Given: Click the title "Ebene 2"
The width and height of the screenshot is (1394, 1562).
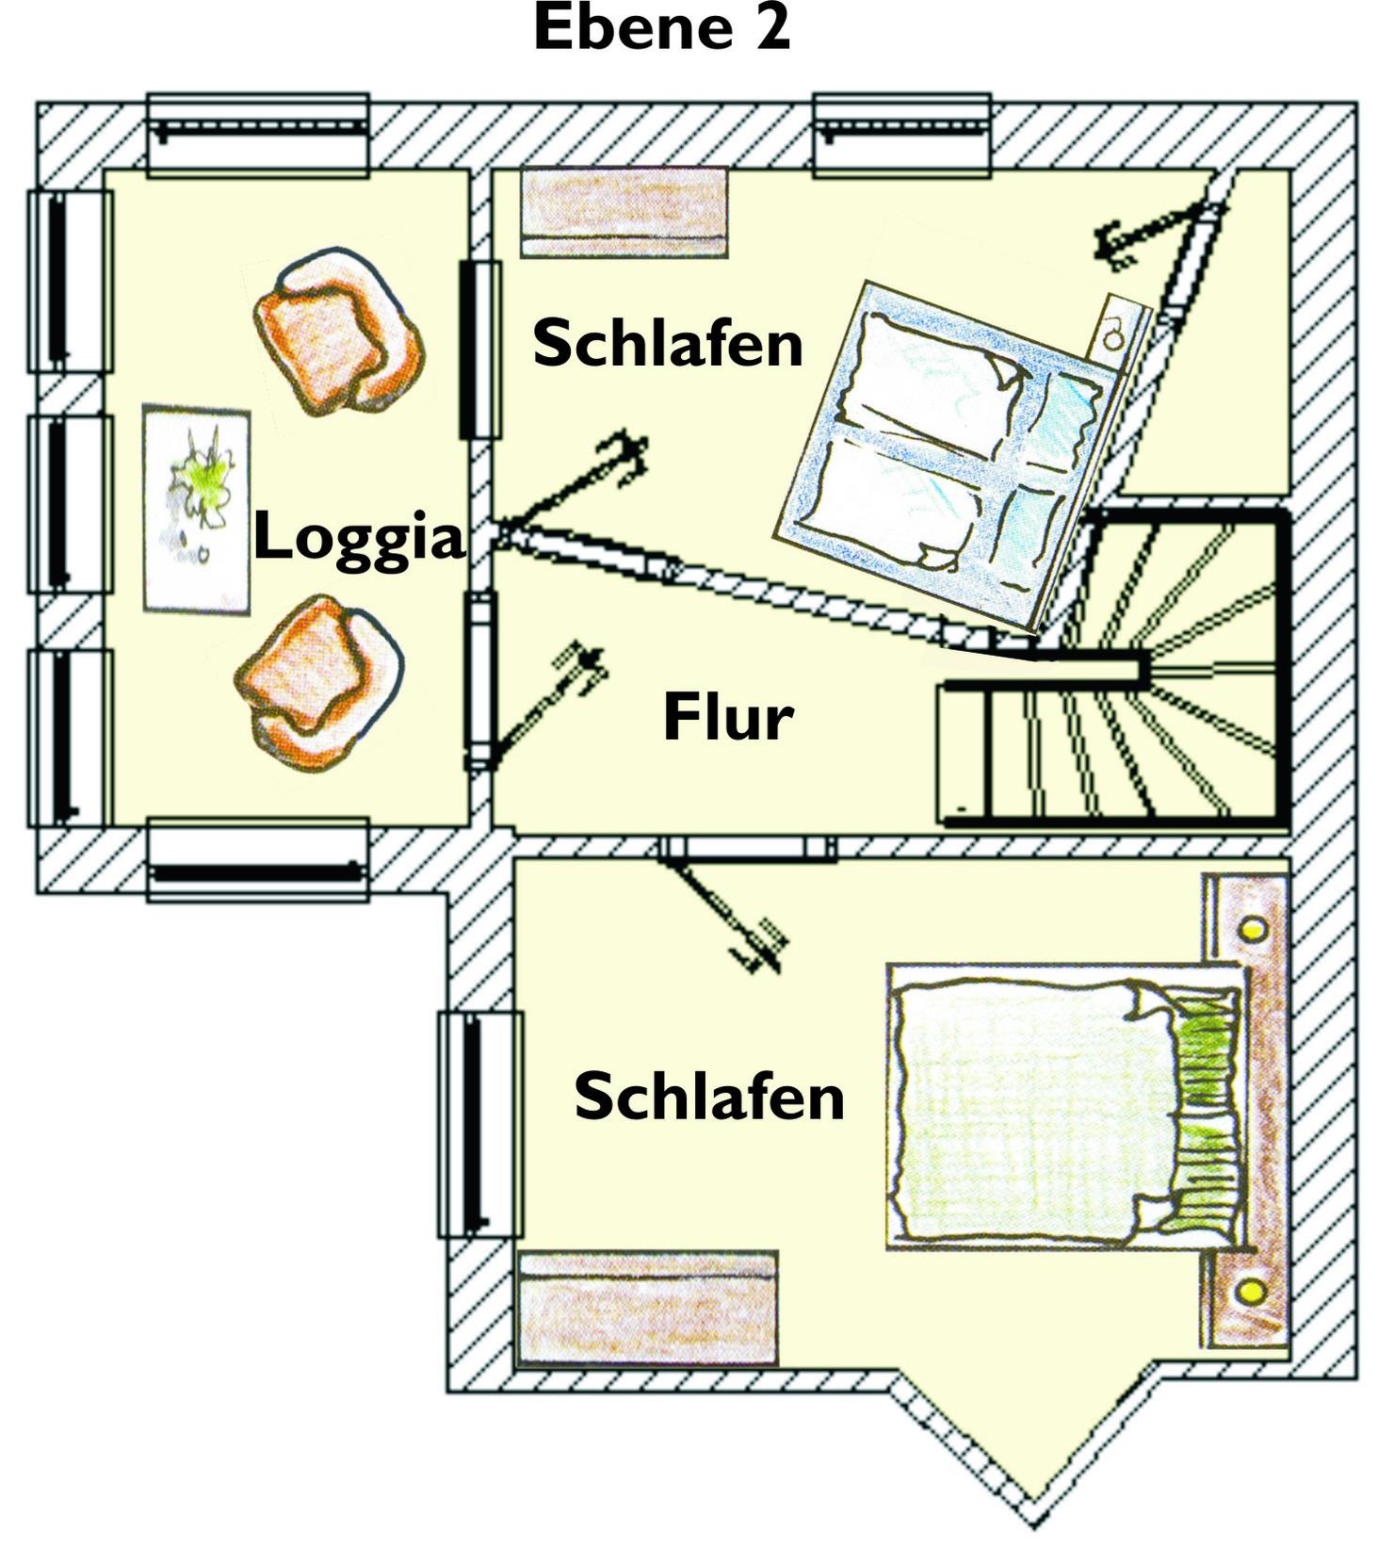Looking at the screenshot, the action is click(x=661, y=28).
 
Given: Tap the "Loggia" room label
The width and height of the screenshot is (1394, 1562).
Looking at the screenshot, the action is click(x=359, y=537).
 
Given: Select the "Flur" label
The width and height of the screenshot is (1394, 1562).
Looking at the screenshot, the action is click(x=728, y=717).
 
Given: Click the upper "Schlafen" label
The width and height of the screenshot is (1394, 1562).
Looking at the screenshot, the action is click(x=668, y=342).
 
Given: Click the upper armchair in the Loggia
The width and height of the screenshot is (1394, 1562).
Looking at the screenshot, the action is click(x=339, y=332).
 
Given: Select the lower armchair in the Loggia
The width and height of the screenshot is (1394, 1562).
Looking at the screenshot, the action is click(x=319, y=683).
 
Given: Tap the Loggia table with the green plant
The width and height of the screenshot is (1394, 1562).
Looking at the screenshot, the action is click(x=197, y=509).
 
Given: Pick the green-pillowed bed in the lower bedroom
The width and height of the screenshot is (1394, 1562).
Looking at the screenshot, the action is click(x=1064, y=1107).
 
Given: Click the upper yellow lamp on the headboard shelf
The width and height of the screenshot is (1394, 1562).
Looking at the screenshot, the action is click(x=1252, y=930).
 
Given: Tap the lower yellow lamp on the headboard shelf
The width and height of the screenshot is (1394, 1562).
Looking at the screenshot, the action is click(x=1252, y=1290).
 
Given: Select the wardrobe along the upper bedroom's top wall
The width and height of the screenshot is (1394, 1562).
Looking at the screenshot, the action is click(x=624, y=213).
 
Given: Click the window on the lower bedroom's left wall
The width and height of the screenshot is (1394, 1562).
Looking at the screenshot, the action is click(x=480, y=1124).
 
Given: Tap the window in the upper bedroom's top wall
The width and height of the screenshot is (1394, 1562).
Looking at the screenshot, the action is click(x=902, y=135).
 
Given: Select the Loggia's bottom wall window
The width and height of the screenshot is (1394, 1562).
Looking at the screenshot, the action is click(x=258, y=859).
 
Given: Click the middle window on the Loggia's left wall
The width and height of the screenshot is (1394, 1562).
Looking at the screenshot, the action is click(x=71, y=504).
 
